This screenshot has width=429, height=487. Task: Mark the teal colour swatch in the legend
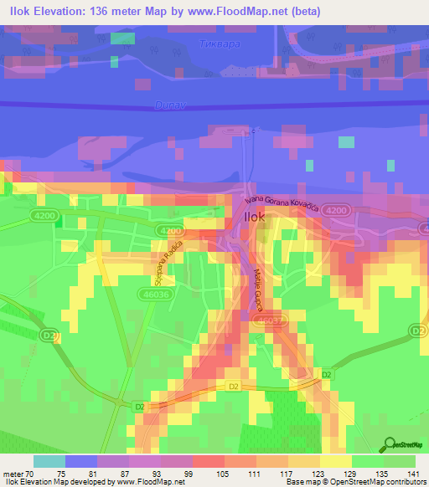click(x=49, y=461)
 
